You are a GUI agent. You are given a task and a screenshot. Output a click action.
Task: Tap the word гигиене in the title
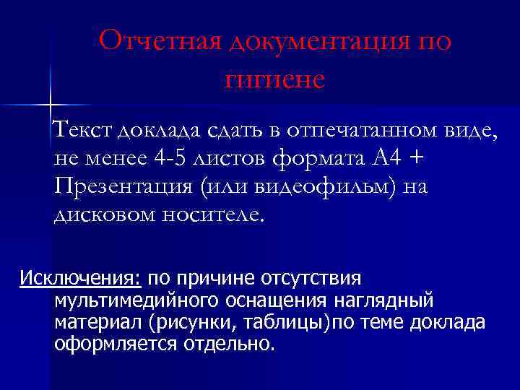pyautogui.click(x=274, y=79)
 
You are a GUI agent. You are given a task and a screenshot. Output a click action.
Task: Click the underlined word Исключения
pyautogui.click(x=82, y=278)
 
